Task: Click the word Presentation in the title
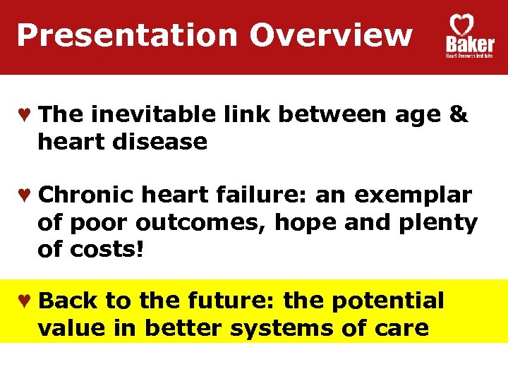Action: [x=127, y=35]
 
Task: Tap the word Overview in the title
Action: [x=331, y=35]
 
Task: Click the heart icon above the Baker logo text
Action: [x=462, y=25]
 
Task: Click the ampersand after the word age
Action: [x=457, y=114]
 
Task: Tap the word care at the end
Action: [x=401, y=328]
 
